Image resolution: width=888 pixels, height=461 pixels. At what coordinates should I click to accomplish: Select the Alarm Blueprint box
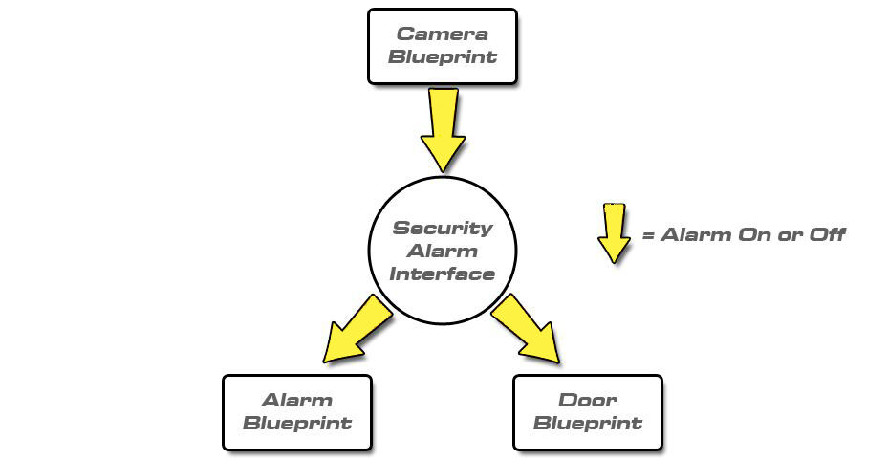pos(296,412)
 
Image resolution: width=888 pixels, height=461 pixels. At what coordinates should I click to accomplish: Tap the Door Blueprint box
pos(587,412)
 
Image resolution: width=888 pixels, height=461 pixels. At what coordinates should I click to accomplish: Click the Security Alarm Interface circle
pos(443,251)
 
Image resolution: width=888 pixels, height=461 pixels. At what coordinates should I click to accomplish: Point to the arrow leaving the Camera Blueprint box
pos(443,129)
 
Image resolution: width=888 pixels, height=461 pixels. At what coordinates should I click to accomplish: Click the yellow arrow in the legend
pos(614,232)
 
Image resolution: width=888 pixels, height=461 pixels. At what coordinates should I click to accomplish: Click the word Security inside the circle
pos(443,229)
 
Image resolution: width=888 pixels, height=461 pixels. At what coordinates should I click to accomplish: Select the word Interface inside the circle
pos(443,274)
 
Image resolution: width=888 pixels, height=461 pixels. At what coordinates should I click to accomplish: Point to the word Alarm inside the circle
pos(443,252)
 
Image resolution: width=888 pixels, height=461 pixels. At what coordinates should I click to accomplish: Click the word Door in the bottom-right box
pos(587,401)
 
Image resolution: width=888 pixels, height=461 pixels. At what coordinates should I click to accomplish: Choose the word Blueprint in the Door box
pos(587,424)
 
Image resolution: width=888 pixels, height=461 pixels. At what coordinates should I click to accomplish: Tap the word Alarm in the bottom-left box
pos(296,401)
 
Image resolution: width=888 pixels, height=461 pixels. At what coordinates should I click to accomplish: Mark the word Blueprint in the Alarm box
pos(296,424)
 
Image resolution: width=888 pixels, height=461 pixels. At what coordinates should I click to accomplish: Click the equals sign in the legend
pos(648,234)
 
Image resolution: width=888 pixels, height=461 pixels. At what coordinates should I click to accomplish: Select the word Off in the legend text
pos(827,234)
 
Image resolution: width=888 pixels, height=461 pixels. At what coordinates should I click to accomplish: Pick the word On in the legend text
pos(755,234)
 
